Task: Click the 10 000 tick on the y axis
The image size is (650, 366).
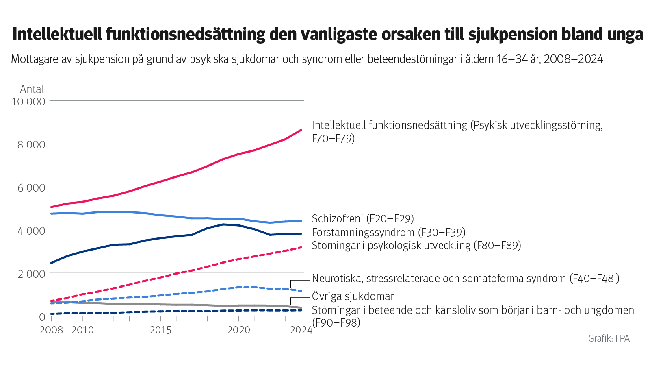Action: coord(28,101)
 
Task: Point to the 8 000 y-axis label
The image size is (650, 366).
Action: coord(31,144)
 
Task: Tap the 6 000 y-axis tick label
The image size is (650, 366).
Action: coord(31,187)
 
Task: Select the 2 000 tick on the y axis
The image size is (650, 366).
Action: coord(31,274)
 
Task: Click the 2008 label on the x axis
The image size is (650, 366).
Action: coord(51,330)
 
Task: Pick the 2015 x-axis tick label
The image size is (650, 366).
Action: coord(160,330)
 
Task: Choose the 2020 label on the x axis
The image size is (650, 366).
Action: coord(238,330)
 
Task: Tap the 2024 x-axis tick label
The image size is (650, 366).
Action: coord(301,330)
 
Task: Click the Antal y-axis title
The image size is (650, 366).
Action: coord(32,89)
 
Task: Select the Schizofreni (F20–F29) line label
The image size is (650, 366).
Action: coord(363,219)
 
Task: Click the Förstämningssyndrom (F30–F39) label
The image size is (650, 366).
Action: coord(388,233)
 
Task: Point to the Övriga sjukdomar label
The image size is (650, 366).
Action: coord(353,296)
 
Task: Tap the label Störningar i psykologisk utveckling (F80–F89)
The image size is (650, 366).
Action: coord(416,246)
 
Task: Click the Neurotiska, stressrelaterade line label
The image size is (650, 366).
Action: coord(465,279)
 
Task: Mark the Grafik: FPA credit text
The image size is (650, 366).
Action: coord(609,338)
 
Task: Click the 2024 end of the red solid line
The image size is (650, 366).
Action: coord(301,130)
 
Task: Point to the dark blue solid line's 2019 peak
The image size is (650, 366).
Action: coord(223,224)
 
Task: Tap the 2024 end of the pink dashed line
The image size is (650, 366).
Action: coord(301,247)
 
